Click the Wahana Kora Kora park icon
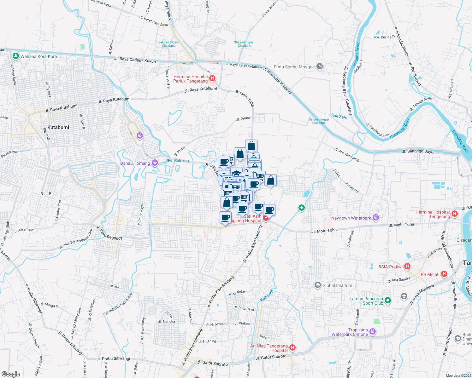[15, 56]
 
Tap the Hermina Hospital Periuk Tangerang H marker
[212, 78]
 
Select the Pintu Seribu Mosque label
[294, 67]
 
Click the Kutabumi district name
[58, 127]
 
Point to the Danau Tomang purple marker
[155, 163]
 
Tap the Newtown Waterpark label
[351, 218]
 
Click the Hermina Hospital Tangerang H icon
[455, 214]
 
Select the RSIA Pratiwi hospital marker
[407, 266]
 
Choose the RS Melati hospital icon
[444, 274]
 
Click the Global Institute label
[337, 285]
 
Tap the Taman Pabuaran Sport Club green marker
[388, 301]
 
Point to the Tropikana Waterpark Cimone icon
[373, 331]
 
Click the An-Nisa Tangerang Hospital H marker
[292, 348]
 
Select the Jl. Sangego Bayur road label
[418, 152]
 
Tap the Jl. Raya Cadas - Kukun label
[135, 60]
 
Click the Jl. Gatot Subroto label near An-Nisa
[271, 357]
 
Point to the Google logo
[10, 374]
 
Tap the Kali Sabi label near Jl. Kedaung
[339, 117]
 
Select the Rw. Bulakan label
[178, 161]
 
